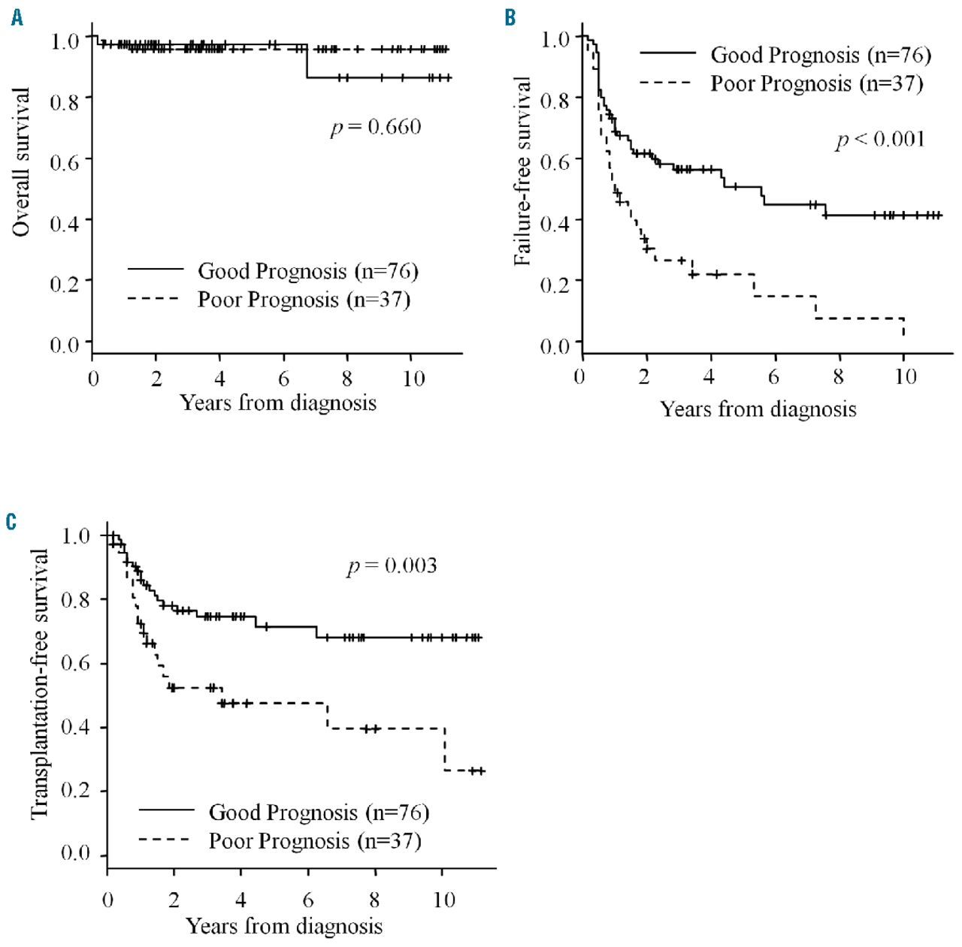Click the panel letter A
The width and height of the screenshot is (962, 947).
(x=17, y=17)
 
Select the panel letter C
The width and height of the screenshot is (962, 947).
(x=11, y=521)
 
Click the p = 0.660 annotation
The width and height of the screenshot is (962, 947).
(x=376, y=127)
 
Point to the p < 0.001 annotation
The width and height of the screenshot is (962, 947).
(x=879, y=140)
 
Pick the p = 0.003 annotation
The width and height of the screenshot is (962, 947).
(x=392, y=565)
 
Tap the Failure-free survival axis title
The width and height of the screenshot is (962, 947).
(x=522, y=171)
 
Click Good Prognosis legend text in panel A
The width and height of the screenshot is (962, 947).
(x=307, y=270)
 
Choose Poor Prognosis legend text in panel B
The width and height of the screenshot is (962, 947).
(x=816, y=83)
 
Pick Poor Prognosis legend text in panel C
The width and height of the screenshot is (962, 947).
(x=314, y=840)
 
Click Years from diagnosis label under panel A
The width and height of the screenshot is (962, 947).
(x=278, y=403)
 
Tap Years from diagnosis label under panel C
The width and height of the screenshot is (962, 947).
(x=284, y=926)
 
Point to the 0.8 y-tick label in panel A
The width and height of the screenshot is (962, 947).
(x=65, y=100)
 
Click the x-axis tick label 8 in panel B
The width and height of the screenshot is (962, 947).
(x=839, y=376)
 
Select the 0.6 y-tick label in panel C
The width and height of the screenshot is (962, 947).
(x=75, y=662)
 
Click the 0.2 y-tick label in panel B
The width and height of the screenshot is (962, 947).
(x=555, y=282)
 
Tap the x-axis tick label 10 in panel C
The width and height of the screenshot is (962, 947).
(x=444, y=899)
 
